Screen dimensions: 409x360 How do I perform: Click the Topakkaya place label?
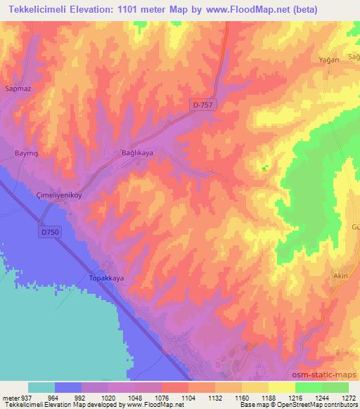point(106,278)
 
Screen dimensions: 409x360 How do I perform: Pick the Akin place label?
point(341,276)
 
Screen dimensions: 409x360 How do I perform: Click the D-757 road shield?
point(202,105)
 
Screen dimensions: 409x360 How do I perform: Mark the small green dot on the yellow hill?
point(264,168)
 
